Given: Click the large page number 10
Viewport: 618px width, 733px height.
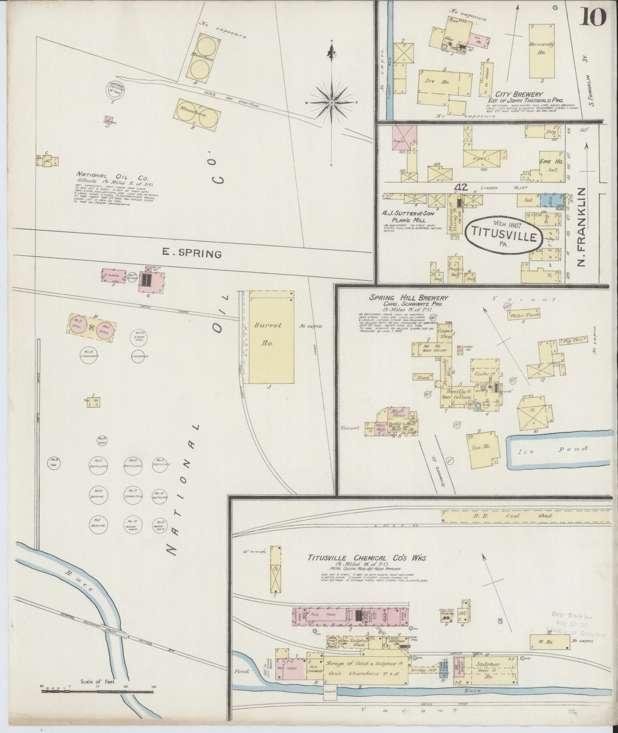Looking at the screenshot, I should [x=594, y=18].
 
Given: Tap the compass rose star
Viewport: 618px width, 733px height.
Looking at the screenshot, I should [x=331, y=103].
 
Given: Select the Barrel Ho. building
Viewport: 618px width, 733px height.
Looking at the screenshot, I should [x=272, y=337].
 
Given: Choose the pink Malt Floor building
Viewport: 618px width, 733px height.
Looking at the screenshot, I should [x=398, y=413].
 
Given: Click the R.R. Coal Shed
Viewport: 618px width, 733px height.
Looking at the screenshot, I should [x=526, y=515].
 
